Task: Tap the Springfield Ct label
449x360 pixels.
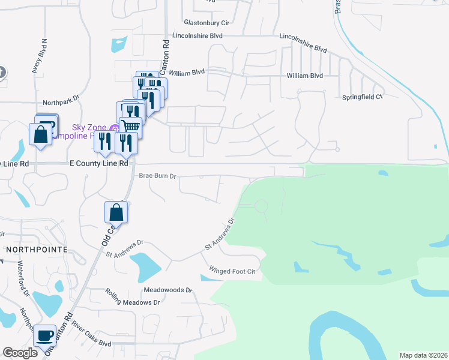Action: click(363, 97)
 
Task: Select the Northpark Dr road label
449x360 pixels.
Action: click(61, 103)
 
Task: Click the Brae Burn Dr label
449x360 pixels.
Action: click(157, 176)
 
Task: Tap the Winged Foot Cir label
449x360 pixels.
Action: click(232, 271)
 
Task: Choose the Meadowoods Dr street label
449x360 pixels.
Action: click(167, 290)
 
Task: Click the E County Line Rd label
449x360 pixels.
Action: click(99, 163)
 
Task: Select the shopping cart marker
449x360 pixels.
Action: click(130, 126)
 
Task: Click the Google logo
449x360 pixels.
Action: click(20, 353)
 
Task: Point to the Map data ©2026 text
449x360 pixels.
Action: click(423, 355)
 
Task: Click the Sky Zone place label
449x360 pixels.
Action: click(89, 127)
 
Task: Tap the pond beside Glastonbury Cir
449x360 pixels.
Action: click(118, 44)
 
